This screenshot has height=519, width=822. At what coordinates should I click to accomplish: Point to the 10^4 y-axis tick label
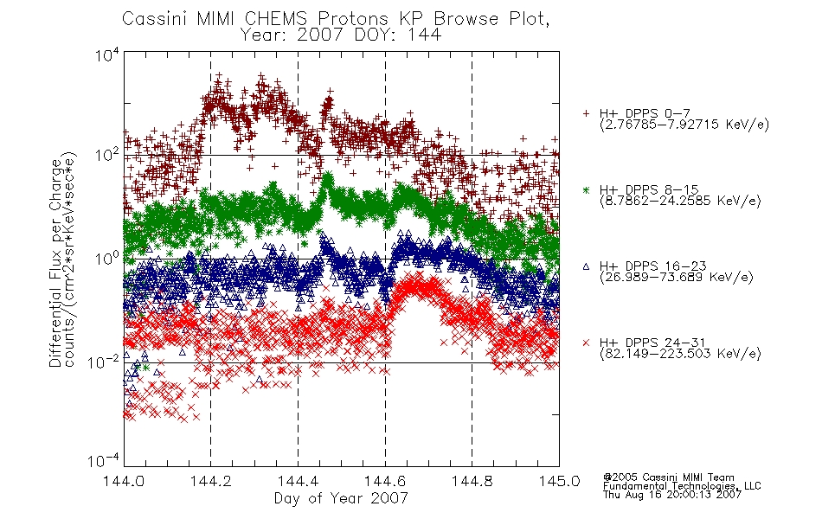(x=107, y=54)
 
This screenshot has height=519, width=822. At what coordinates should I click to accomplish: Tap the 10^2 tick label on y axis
(x=107, y=156)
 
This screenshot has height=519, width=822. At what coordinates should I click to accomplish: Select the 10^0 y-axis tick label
(x=107, y=259)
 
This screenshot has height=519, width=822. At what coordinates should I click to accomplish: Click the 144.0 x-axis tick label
(x=124, y=481)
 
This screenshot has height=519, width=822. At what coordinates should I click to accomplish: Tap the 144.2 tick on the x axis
(x=211, y=481)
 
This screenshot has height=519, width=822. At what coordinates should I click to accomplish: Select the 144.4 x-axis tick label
(x=298, y=481)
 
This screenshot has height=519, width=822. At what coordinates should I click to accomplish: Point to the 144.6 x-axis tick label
(x=385, y=481)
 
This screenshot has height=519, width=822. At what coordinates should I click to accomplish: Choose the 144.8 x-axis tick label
(x=472, y=481)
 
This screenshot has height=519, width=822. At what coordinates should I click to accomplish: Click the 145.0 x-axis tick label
(x=559, y=481)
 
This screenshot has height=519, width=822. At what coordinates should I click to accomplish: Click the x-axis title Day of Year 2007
(x=341, y=498)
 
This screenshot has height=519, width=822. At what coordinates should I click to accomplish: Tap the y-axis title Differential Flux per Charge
(x=55, y=263)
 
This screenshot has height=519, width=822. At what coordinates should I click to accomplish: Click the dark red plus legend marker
(x=586, y=113)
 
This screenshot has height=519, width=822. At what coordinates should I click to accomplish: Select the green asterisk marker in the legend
(x=586, y=189)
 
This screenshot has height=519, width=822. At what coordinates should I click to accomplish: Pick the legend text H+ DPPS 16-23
(x=652, y=266)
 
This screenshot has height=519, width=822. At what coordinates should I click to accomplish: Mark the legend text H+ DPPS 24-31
(x=652, y=343)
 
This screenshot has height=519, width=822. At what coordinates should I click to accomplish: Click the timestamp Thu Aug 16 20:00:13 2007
(x=672, y=495)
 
